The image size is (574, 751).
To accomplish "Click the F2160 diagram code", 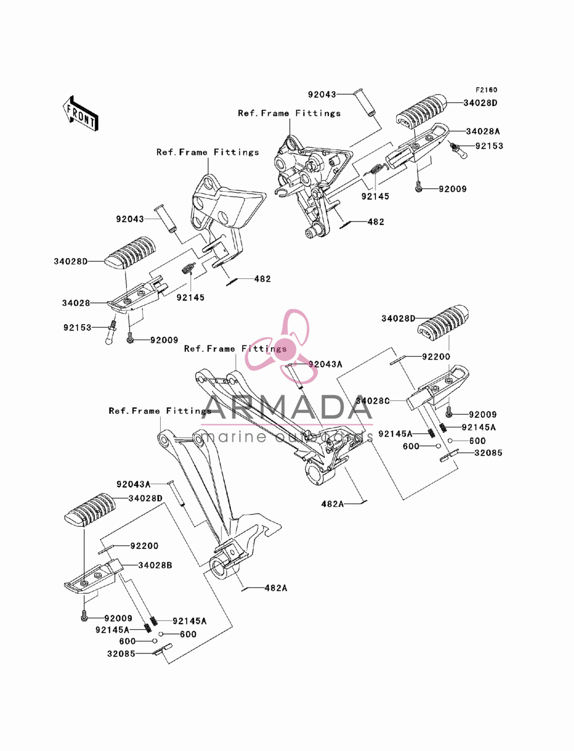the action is click(486, 90).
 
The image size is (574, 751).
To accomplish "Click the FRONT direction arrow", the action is click(80, 114).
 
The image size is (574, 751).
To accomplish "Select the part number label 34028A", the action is click(483, 131).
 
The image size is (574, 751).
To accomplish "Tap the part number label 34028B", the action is click(155, 565).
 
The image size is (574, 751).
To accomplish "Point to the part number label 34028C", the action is click(373, 400).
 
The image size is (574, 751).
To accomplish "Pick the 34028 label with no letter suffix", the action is click(76, 303).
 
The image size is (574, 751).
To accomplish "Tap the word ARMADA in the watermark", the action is click(287, 407).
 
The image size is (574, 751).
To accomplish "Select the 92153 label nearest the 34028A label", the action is click(489, 146).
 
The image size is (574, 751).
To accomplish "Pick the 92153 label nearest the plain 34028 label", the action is click(77, 328).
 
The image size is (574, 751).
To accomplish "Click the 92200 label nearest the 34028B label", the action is click(144, 546).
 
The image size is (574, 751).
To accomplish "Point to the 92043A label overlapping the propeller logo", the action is click(325, 364).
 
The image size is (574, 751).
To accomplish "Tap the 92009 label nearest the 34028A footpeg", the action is click(452, 189).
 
